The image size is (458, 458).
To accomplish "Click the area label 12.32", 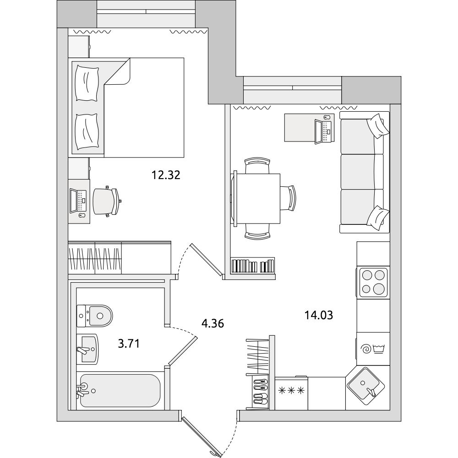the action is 166,175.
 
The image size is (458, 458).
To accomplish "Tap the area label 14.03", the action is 319,316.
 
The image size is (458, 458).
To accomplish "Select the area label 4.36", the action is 213,324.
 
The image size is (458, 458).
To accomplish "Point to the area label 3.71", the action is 129,344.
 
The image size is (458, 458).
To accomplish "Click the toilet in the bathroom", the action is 95,316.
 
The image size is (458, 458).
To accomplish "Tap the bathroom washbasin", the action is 87,349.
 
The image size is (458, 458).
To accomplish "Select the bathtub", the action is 120,391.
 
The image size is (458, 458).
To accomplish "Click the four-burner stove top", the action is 373,283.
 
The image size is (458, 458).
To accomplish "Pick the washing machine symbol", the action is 373,349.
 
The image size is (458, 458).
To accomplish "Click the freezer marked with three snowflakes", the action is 291,393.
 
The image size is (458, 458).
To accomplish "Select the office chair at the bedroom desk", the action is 107,202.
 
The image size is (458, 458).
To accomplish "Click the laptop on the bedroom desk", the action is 78,201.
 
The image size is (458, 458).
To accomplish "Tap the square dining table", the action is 257,199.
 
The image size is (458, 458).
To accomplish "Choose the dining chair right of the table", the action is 289,198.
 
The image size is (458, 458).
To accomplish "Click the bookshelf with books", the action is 253,266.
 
